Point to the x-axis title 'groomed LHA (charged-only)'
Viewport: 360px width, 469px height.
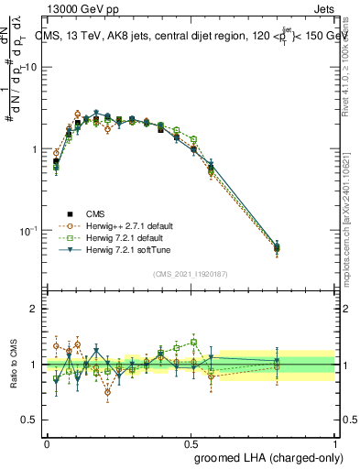[x=264, y=455]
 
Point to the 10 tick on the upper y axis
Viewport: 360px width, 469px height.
[x=31, y=68]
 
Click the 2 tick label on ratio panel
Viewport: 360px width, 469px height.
[x=35, y=310]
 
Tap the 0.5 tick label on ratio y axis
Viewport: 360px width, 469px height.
[x=31, y=420]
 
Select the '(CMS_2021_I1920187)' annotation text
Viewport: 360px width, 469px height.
[x=191, y=273]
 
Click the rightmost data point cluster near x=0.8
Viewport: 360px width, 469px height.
[x=278, y=247]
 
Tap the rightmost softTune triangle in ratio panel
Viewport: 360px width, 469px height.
[x=278, y=364]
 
